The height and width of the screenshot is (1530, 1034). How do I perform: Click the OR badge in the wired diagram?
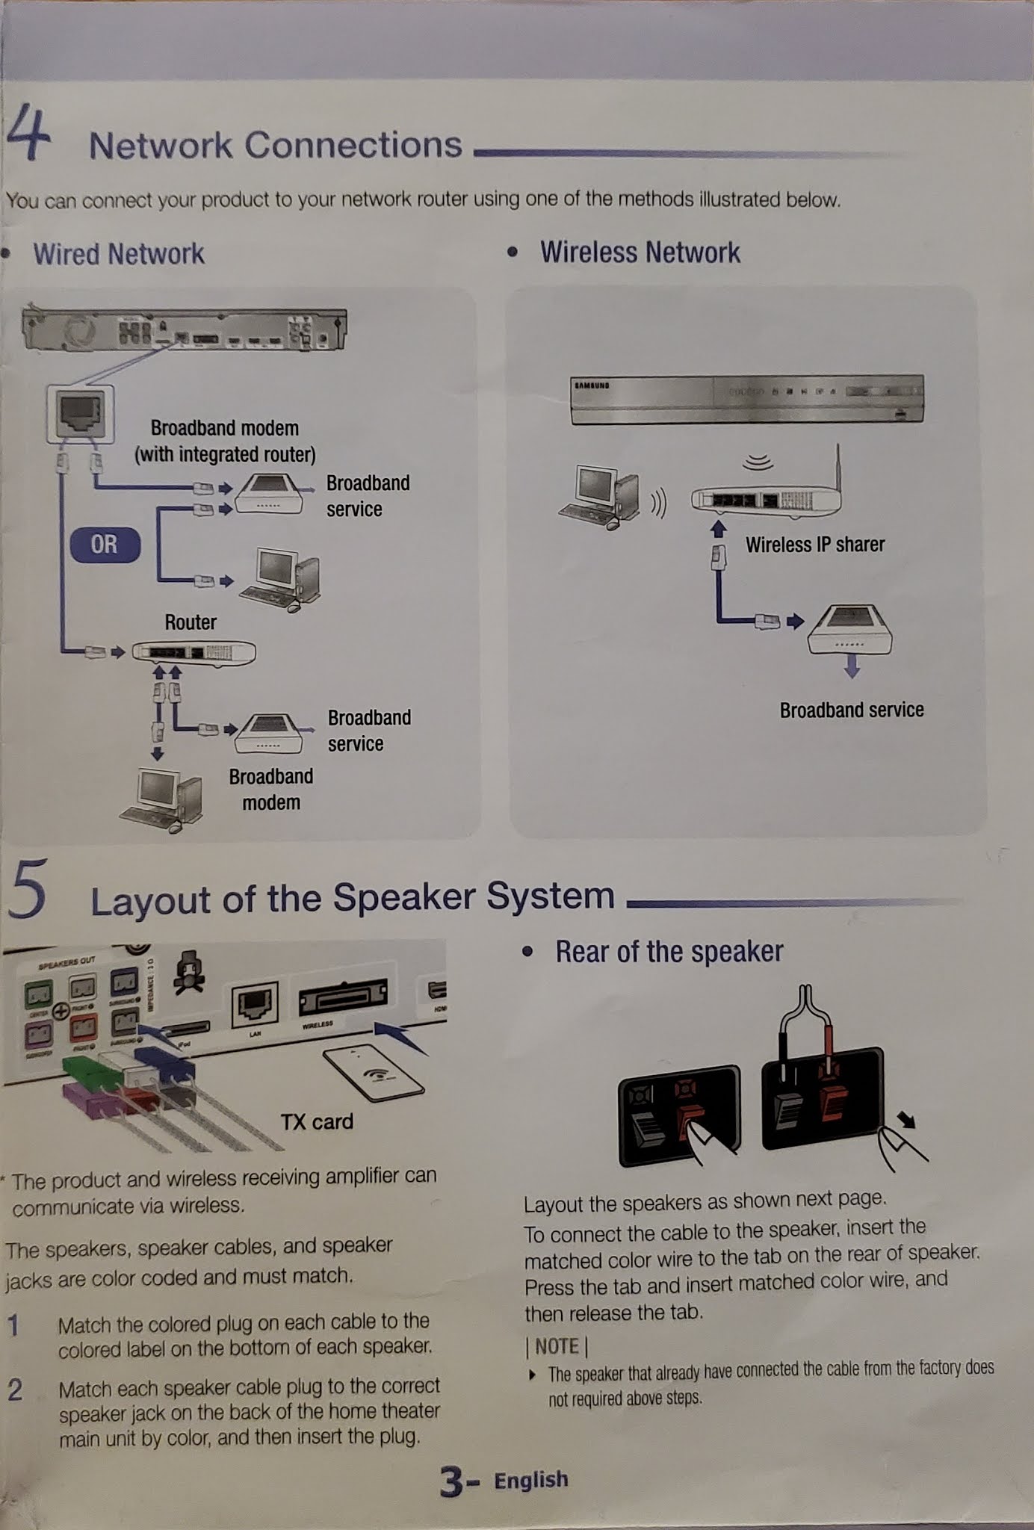coord(105,545)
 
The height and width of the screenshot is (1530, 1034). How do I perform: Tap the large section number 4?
coord(28,133)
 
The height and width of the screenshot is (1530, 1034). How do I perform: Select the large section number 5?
coord(28,889)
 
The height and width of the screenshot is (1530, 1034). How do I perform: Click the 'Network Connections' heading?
coord(275,145)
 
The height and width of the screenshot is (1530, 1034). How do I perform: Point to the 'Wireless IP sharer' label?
coord(814,545)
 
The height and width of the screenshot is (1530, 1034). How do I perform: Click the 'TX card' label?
coord(317,1121)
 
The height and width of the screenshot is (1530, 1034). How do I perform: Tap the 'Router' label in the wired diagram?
coord(191,622)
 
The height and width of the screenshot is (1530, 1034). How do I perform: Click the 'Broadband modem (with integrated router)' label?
coord(225,441)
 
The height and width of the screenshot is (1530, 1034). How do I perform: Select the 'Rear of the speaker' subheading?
coord(669,952)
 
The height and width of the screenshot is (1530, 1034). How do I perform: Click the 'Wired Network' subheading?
coord(118,254)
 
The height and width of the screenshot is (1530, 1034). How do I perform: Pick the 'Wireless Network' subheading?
coord(640,253)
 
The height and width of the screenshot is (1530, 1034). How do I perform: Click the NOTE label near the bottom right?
coord(557,1346)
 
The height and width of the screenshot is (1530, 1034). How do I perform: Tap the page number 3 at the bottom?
coord(451,1482)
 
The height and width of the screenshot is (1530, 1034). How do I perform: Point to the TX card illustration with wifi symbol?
coord(374,1073)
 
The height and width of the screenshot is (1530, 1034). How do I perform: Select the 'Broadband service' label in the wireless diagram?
coord(852,710)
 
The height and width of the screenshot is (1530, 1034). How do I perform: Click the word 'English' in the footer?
coord(530,1480)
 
